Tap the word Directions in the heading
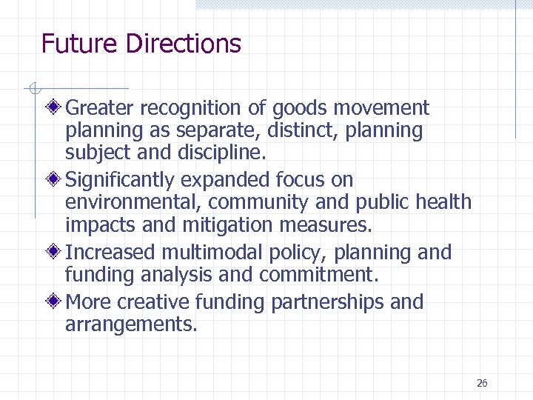coord(184,44)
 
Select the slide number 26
coord(482,383)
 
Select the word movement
coord(381,108)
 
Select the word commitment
coord(318,276)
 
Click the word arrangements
coord(131,325)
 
